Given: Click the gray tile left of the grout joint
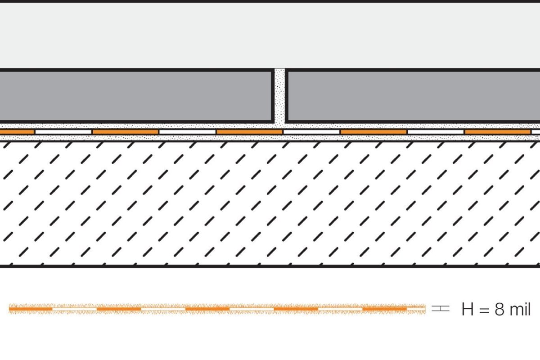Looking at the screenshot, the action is [x=136, y=96].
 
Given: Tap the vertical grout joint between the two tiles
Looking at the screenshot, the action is [x=280, y=96].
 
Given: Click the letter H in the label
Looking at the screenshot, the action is [x=468, y=309].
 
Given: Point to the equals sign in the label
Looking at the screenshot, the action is [x=484, y=310].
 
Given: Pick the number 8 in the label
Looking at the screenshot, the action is [x=499, y=309].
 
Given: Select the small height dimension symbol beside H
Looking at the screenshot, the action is [x=441, y=309].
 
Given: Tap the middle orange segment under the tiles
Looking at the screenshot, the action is [x=249, y=132].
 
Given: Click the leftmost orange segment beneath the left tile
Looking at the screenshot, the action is [x=17, y=132].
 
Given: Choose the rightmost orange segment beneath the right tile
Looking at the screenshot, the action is [x=498, y=132].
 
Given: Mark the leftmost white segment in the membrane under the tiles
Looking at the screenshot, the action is [x=63, y=132].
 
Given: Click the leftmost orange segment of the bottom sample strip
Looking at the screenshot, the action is [x=31, y=309].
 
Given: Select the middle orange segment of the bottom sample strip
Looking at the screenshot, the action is [x=207, y=309].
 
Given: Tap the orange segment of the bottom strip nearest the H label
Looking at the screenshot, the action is [x=384, y=309].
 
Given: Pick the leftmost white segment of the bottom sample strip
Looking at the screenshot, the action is [x=75, y=309].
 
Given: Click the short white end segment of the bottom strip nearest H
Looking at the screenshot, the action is [x=416, y=309].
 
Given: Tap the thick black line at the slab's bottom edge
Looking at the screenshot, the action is [x=270, y=266].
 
